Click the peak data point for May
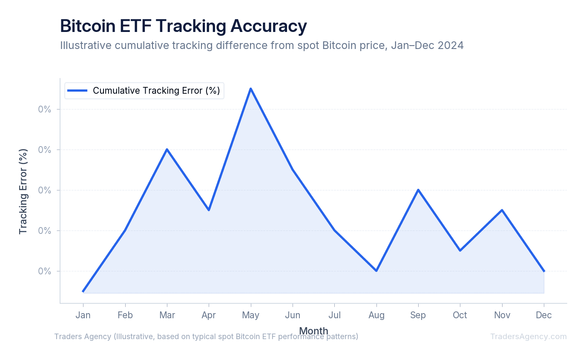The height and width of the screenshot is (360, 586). [x=250, y=89]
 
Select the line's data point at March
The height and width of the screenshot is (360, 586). [x=167, y=149]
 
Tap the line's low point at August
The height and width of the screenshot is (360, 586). [x=376, y=271]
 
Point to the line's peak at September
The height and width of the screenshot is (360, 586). [x=418, y=190]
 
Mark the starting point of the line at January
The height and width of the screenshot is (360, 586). [x=83, y=291]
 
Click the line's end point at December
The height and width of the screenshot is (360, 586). [x=544, y=271]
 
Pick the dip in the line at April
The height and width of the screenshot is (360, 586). [x=209, y=210]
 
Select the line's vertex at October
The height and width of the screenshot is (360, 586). [x=460, y=251]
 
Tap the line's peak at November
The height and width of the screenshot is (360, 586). [x=502, y=210]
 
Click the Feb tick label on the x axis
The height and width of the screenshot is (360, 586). [x=125, y=315]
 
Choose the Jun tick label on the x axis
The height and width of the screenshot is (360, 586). [x=293, y=315]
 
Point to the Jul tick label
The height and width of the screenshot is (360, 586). [x=334, y=315]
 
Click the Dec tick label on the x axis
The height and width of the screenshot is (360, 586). [x=544, y=315]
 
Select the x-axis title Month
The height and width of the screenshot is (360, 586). [x=313, y=331]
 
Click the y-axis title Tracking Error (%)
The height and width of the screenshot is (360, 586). [x=23, y=191]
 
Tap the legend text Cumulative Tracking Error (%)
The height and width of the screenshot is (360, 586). [x=156, y=91]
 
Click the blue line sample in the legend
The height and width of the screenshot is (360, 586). [x=78, y=91]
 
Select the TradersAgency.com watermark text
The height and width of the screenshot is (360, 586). [x=528, y=337]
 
